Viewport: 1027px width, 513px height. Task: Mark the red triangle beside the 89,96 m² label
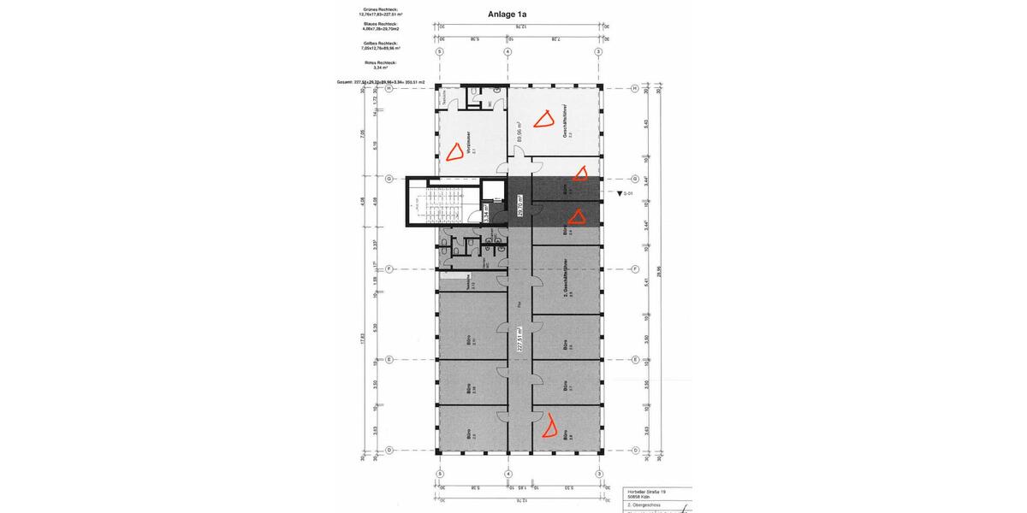[543, 119]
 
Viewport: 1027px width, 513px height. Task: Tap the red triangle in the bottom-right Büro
[551, 425]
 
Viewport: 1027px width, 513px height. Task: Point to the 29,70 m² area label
[519, 205]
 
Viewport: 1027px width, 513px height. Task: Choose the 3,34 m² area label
[487, 213]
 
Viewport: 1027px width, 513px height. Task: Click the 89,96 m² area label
[519, 131]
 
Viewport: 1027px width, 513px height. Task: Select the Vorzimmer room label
[470, 141]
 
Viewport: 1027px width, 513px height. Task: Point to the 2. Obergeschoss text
[643, 505]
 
